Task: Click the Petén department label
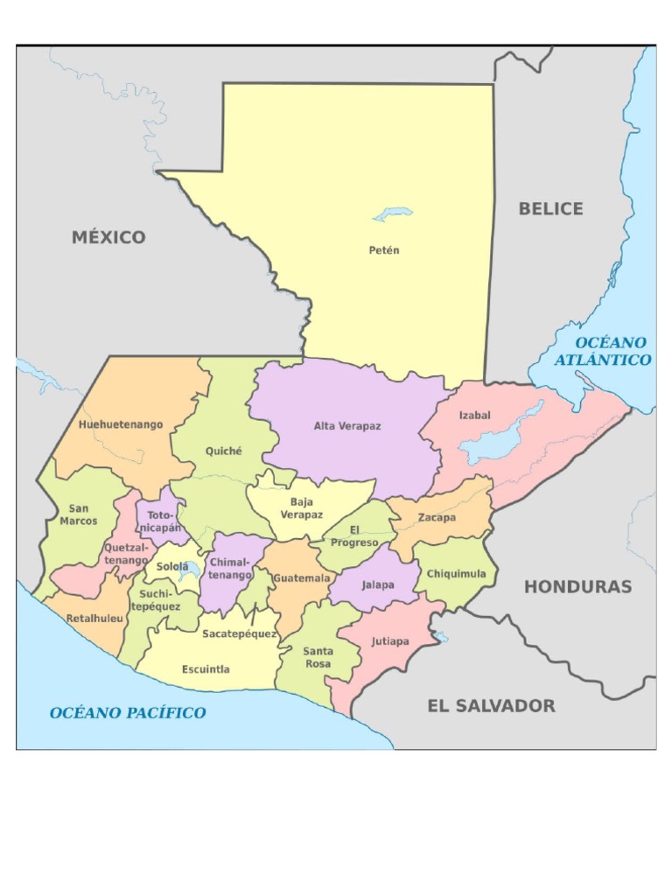(x=383, y=250)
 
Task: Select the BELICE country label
(x=550, y=208)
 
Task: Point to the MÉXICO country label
(x=108, y=237)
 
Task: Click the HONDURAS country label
(x=577, y=586)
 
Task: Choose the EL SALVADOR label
(x=491, y=705)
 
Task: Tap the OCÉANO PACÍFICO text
(x=128, y=712)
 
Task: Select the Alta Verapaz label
(x=347, y=426)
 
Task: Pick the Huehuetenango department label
(x=121, y=424)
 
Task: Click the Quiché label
(x=223, y=451)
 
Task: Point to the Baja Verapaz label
(x=301, y=508)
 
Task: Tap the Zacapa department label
(x=436, y=517)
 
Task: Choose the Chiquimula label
(x=456, y=574)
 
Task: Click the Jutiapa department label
(x=389, y=641)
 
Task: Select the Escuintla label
(x=206, y=669)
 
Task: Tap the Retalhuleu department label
(x=95, y=618)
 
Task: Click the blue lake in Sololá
(x=184, y=573)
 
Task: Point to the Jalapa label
(x=377, y=584)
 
